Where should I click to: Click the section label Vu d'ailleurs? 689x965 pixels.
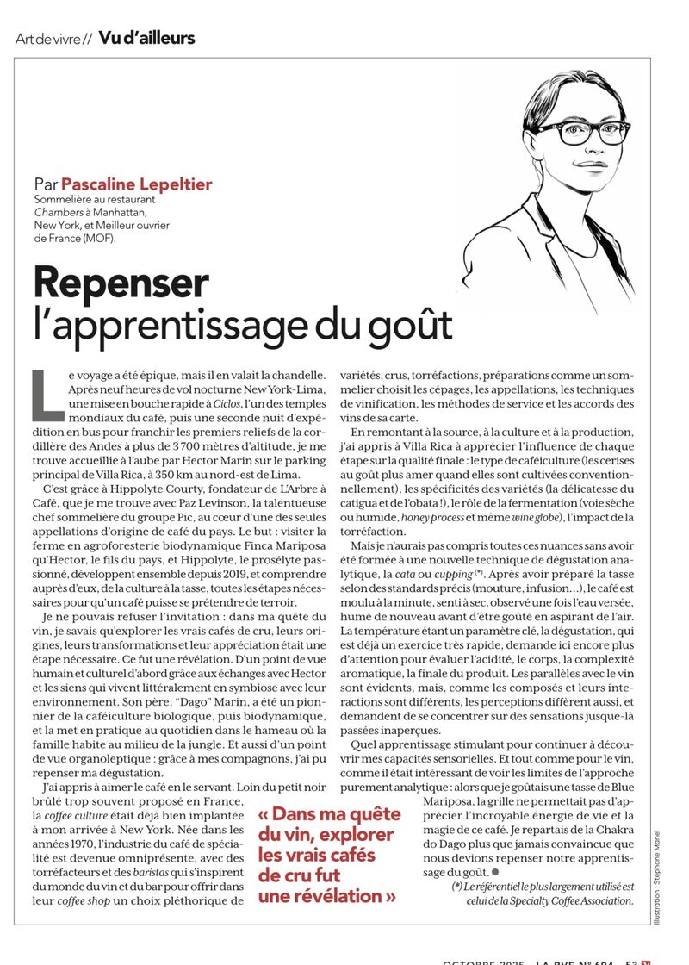point(146,38)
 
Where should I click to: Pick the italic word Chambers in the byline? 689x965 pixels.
point(53,212)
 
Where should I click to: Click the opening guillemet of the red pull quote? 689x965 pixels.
point(265,814)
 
